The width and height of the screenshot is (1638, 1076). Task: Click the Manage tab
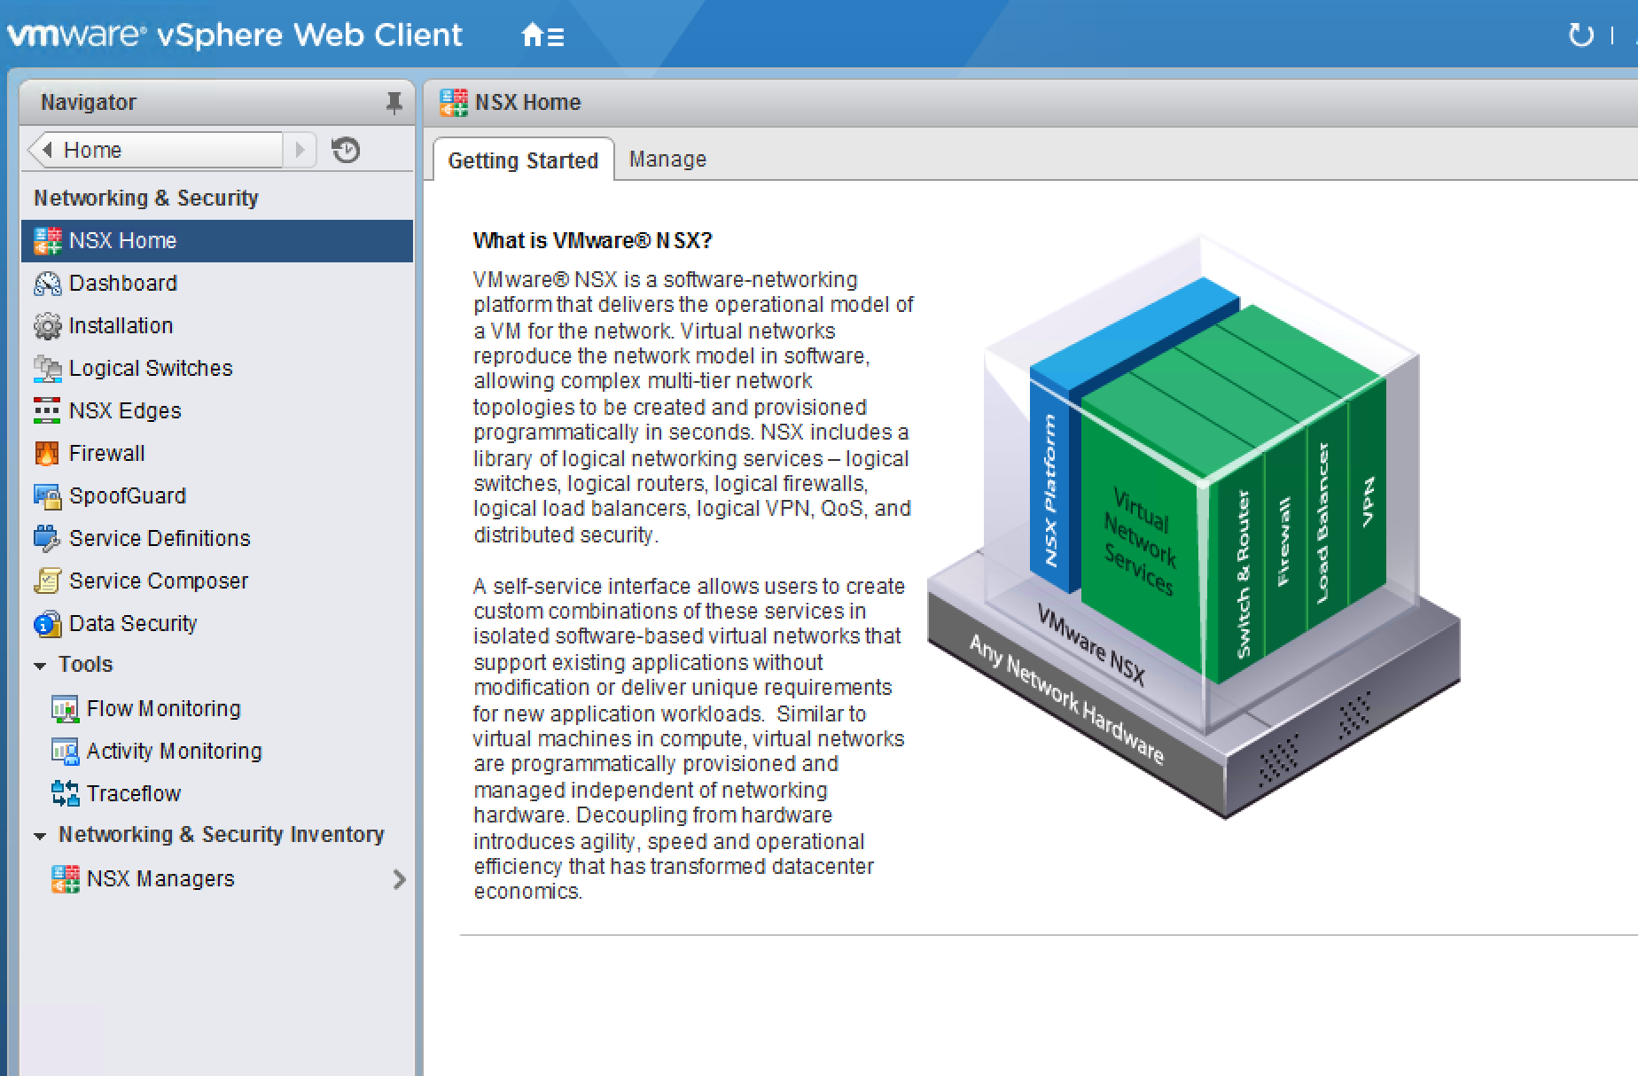tap(667, 160)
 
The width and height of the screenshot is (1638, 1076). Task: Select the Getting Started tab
tap(523, 160)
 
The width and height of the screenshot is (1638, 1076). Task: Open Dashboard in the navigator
tap(123, 283)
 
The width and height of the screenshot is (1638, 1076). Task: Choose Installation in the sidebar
tap(121, 325)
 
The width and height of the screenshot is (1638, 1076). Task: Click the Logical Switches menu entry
tap(151, 368)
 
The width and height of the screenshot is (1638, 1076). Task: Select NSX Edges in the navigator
tap(125, 410)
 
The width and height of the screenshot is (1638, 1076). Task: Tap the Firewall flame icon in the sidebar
tap(46, 453)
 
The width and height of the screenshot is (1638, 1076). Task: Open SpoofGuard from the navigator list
tap(128, 495)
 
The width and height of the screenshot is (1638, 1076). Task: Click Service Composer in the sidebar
tap(159, 581)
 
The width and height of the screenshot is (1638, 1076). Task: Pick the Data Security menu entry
tap(133, 623)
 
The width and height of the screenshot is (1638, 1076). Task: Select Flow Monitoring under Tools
tap(163, 708)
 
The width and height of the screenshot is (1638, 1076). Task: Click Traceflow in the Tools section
tap(133, 793)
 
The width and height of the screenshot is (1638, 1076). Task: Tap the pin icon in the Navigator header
tap(394, 103)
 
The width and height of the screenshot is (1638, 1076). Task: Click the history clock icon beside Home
tap(346, 150)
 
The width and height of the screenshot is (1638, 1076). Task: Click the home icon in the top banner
tap(532, 35)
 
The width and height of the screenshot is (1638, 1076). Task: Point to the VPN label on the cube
tap(1368, 502)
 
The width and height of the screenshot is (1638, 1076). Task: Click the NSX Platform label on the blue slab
tap(1050, 490)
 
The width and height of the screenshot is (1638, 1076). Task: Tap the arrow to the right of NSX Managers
tap(399, 879)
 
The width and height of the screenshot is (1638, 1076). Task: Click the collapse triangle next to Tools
tap(40, 665)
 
